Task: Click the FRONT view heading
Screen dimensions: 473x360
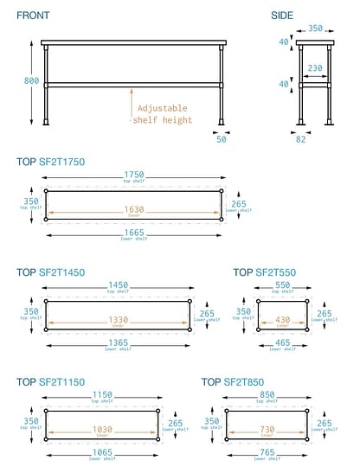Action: point(34,16)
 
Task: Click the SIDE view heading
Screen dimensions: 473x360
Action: point(282,16)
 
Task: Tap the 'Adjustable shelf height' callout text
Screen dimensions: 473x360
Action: point(162,114)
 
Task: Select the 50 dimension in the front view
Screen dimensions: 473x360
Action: point(221,138)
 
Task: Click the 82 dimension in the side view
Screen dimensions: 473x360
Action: point(302,138)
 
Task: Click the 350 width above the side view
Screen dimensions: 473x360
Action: point(316,29)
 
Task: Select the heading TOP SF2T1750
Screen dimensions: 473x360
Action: point(51,162)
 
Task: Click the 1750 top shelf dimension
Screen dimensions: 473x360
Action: point(132,176)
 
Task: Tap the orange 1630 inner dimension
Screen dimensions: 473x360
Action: point(132,209)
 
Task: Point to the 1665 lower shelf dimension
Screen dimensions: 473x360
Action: point(132,233)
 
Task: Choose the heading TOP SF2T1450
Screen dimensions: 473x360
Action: point(51,272)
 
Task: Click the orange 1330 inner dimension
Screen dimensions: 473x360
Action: point(119,320)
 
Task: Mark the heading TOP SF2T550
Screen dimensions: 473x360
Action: point(265,272)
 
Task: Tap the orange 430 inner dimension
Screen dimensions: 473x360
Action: point(281,320)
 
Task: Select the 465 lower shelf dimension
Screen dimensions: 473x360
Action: point(281,343)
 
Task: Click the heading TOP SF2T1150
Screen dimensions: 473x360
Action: point(51,381)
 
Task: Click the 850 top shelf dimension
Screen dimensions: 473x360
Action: point(267,396)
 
